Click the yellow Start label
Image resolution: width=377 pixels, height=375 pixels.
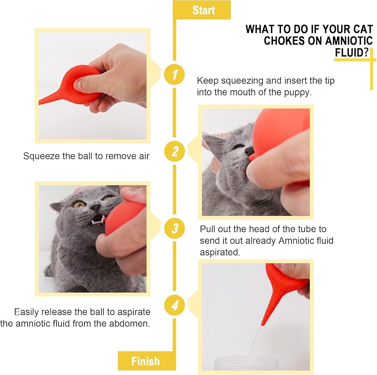coord(202,10)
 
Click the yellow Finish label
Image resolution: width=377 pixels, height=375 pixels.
coord(147,361)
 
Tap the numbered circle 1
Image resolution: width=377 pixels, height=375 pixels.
coord(175,74)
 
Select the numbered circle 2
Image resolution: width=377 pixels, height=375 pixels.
coord(175,151)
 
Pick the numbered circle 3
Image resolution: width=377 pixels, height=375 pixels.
coord(175,228)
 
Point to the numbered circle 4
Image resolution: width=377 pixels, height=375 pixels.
coord(175,305)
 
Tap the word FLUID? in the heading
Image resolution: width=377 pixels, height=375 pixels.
coord(351,52)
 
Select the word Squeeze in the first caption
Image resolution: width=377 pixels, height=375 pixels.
coord(41,156)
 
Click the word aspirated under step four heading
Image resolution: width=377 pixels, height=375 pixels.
coord(220,253)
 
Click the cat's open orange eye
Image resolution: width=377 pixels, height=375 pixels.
coord(79,205)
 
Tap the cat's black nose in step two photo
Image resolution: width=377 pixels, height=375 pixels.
coord(249,151)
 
